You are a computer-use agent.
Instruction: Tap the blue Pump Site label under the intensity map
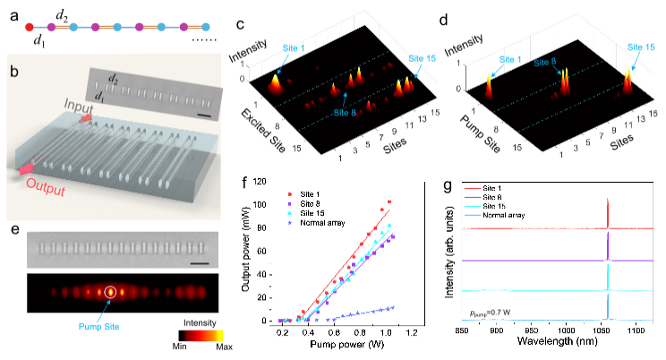pyautogui.click(x=125, y=328)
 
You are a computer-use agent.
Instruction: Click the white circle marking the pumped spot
pyautogui.click(x=110, y=291)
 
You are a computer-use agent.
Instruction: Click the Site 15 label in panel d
pyautogui.click(x=638, y=46)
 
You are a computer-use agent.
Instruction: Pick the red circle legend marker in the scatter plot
pyautogui.click(x=289, y=193)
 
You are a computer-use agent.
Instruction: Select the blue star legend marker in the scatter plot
pyautogui.click(x=289, y=222)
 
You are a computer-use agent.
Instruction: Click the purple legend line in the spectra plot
pyautogui.click(x=473, y=197)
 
